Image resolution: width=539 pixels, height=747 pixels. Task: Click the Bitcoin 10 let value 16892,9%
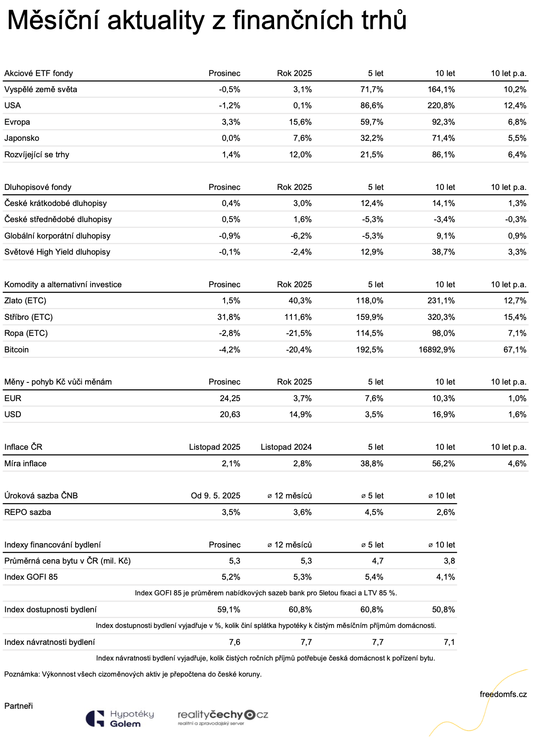pyautogui.click(x=436, y=350)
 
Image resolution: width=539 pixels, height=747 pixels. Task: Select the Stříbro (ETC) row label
pyautogui.click(x=29, y=317)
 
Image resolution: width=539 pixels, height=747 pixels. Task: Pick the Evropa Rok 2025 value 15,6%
pyautogui.click(x=300, y=122)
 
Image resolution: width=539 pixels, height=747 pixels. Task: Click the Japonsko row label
pyautogui.click(x=22, y=138)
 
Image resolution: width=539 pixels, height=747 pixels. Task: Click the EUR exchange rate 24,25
pyautogui.click(x=230, y=398)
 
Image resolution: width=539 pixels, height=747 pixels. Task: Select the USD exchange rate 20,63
pyautogui.click(x=230, y=415)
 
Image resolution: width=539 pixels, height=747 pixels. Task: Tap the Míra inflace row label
pyautogui.click(x=25, y=464)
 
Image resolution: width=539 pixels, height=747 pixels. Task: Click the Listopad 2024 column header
pyautogui.click(x=286, y=447)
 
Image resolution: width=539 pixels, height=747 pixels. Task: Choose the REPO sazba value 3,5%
pyautogui.click(x=231, y=512)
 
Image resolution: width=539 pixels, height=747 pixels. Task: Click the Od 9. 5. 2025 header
pyautogui.click(x=215, y=496)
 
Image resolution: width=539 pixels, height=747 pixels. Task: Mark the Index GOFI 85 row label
pyautogui.click(x=31, y=577)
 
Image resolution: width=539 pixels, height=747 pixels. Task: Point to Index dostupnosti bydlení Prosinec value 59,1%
pyautogui.click(x=229, y=610)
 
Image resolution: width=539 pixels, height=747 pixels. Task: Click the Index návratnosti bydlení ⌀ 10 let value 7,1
pyautogui.click(x=449, y=642)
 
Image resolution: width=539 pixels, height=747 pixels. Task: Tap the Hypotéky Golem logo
pyautogui.click(x=120, y=719)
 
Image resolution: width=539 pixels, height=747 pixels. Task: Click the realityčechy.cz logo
pyautogui.click(x=223, y=717)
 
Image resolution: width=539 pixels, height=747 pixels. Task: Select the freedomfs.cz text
pyautogui.click(x=503, y=694)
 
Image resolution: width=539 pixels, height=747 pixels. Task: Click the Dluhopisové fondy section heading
pyautogui.click(x=38, y=187)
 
